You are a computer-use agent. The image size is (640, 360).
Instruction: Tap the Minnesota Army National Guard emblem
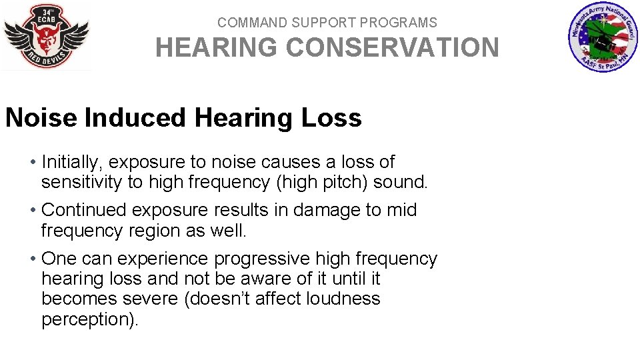(x=602, y=37)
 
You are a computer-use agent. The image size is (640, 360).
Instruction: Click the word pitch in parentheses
(x=345, y=182)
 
